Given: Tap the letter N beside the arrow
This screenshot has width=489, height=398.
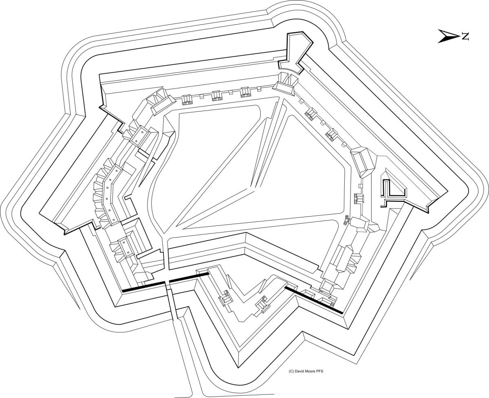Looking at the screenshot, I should coord(465,36).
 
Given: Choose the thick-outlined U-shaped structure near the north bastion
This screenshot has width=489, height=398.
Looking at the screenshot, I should coord(392,190).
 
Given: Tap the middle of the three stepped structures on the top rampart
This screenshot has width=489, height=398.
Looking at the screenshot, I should coord(216,96).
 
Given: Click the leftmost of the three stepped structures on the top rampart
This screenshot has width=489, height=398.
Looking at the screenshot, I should coord(187,99).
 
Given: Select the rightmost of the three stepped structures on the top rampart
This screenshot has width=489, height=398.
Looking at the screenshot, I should coord(245,92).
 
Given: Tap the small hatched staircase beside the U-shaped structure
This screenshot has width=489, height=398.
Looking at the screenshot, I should coord(359,199).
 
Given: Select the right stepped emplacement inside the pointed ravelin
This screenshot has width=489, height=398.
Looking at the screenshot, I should coord(261,304).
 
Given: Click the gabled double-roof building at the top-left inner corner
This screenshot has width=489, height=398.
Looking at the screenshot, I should coord(159,102).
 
